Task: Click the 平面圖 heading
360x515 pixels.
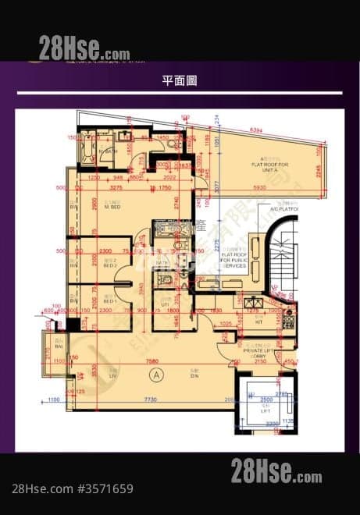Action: coord(180,80)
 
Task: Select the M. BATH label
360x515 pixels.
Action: coord(110,151)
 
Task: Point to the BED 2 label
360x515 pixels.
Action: coord(109,265)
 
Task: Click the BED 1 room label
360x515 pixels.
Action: coord(109,300)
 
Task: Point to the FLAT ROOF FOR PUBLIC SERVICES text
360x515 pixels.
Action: coord(233,260)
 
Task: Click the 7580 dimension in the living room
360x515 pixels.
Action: coord(153,361)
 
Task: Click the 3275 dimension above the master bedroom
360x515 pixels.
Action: coord(116,188)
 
